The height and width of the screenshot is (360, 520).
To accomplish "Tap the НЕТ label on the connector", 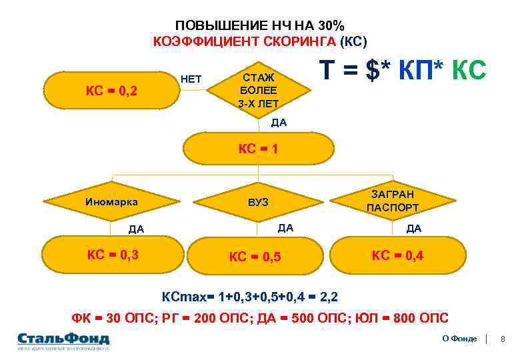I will coord(191,79).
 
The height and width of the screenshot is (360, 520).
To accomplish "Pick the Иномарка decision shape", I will coord(111,201).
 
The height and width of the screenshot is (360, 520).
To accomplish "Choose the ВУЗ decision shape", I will coord(258,201).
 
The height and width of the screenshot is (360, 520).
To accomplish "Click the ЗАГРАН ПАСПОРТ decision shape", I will coord(393,201).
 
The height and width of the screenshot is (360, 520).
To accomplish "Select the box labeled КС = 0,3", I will coord(113,254).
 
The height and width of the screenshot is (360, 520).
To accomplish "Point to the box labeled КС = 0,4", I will coord(397,255).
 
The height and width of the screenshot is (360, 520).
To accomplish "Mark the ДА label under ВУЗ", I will coord(285,228).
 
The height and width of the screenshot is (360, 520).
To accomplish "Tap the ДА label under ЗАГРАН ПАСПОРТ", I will coord(413,229).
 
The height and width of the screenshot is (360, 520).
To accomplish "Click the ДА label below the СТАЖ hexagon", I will coord(279,123).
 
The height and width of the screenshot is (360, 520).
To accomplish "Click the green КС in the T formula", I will coord(469,70).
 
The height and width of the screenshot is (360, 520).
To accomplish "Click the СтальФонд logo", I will coord(63,339).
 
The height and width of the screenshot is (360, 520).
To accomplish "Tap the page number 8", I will coord(503,339).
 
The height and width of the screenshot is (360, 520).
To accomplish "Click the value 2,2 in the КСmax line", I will coord(329,295).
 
